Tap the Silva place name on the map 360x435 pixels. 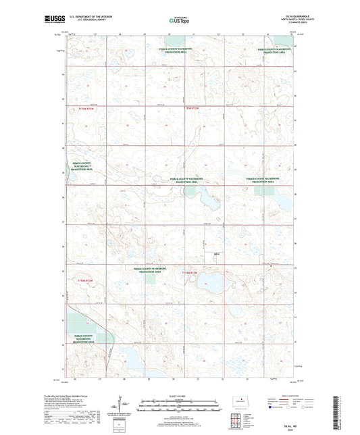216,255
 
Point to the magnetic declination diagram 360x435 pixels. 124,405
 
